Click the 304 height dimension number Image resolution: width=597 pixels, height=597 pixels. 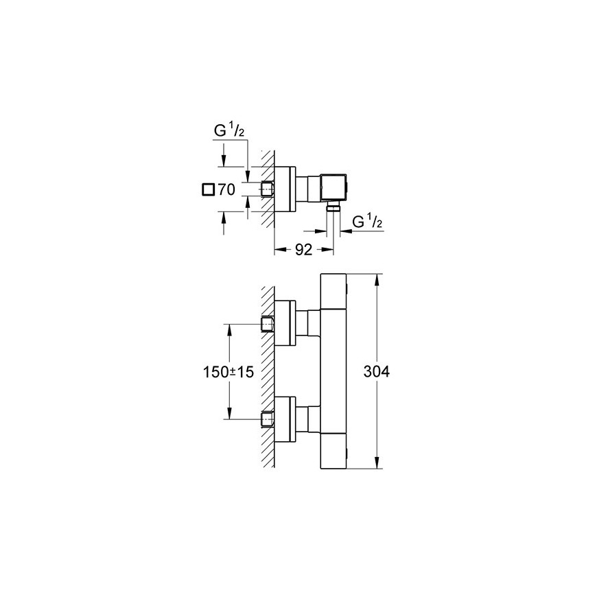[x=376, y=372]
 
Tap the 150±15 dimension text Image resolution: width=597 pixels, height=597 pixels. [x=228, y=372]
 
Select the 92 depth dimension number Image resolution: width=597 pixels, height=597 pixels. [x=303, y=250]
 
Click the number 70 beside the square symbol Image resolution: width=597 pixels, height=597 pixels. [x=226, y=189]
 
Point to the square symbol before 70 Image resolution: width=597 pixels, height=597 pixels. [x=209, y=189]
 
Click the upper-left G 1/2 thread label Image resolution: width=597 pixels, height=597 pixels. [x=229, y=130]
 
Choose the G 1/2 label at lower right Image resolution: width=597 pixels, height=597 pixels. [x=367, y=221]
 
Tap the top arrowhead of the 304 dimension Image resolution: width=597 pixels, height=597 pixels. [x=377, y=281]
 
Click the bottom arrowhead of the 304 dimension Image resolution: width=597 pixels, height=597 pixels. [x=377, y=462]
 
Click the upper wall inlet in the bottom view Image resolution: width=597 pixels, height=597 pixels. [x=267, y=324]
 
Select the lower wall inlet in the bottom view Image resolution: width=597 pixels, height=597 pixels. [x=267, y=419]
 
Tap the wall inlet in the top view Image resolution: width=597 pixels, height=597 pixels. [x=267, y=189]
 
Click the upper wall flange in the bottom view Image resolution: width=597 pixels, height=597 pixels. [x=285, y=323]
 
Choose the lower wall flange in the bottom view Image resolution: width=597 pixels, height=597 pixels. [x=285, y=419]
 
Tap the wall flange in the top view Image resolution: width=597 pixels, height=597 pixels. [x=285, y=189]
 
